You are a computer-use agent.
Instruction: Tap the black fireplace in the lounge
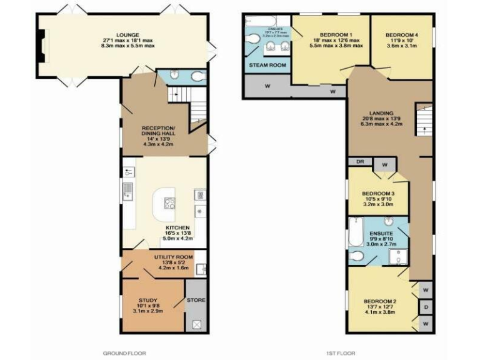(41, 47)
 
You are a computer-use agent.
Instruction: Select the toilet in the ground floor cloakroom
(197, 77)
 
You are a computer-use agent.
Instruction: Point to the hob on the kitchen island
(170, 202)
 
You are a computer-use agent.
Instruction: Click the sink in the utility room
(200, 269)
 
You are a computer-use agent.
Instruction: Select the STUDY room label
(148, 300)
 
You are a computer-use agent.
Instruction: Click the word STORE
(196, 300)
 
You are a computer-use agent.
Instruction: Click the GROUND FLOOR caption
(124, 353)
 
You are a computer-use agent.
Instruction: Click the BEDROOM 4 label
(402, 34)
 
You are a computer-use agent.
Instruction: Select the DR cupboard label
(360, 161)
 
